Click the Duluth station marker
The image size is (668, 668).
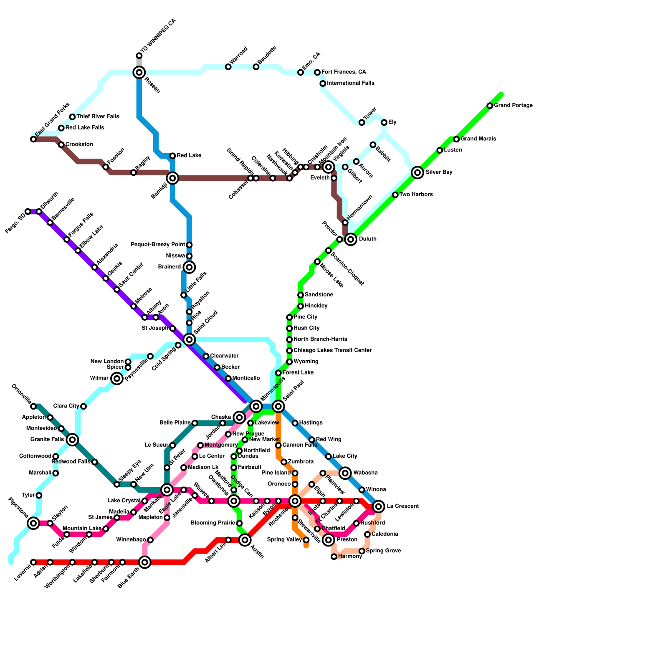(x=351, y=239)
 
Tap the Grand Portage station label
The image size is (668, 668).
(x=513, y=106)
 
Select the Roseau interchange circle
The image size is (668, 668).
(x=139, y=73)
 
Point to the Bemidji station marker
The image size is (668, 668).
(x=172, y=178)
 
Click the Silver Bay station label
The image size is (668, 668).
(x=439, y=172)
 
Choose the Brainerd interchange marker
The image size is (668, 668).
(x=189, y=267)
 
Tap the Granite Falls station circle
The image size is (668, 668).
(x=72, y=440)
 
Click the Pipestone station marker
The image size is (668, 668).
(x=33, y=523)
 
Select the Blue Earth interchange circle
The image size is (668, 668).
(x=145, y=562)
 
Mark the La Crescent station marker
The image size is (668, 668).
(x=379, y=506)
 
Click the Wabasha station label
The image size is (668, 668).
(x=365, y=473)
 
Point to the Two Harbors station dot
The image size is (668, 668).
(x=395, y=195)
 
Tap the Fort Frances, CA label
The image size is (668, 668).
(x=344, y=72)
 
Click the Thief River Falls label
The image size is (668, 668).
(x=98, y=116)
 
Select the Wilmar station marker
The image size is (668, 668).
(x=117, y=379)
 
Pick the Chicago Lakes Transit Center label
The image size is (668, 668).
(x=332, y=350)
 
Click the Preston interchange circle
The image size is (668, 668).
(x=329, y=540)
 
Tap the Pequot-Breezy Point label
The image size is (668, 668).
(x=158, y=244)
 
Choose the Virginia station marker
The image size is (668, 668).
(x=329, y=167)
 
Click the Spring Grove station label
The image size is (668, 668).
(x=383, y=551)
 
